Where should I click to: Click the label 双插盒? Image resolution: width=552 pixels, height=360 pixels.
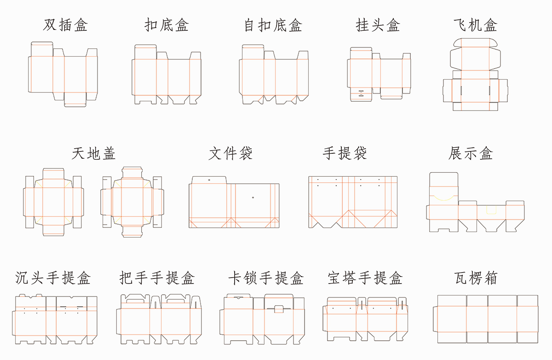(65, 24)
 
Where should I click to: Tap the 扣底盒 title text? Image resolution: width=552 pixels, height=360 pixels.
(167, 24)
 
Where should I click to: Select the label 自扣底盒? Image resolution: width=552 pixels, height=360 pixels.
(273, 24)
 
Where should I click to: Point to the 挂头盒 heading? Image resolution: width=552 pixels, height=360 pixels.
(378, 24)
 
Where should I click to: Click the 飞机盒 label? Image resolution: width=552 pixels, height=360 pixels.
(475, 24)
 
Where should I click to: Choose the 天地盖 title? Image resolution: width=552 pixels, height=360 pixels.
(93, 153)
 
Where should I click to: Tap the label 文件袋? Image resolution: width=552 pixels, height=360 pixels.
(230, 153)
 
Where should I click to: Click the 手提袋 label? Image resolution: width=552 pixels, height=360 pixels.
(345, 153)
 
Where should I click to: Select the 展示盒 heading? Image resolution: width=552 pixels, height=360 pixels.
(471, 153)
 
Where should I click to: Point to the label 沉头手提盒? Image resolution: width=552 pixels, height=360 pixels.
(53, 278)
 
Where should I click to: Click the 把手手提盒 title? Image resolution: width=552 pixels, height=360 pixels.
(157, 278)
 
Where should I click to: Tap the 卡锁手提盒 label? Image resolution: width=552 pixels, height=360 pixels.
(266, 278)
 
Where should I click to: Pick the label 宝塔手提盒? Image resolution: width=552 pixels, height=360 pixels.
(365, 278)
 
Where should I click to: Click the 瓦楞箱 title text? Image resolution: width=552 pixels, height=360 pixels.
(475, 278)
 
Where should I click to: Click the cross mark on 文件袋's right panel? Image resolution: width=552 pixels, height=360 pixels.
(253, 197)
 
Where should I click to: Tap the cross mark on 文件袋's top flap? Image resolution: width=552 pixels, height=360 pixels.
(209, 180)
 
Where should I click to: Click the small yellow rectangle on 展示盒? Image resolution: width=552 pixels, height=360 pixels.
(491, 210)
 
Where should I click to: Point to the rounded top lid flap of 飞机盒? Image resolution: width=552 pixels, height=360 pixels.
(475, 42)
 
